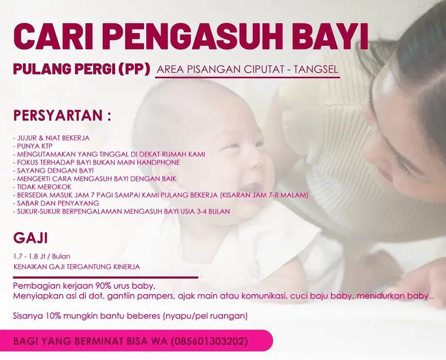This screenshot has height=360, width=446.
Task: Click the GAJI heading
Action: click(31, 238)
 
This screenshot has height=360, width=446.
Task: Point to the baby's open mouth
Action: click(250, 187)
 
